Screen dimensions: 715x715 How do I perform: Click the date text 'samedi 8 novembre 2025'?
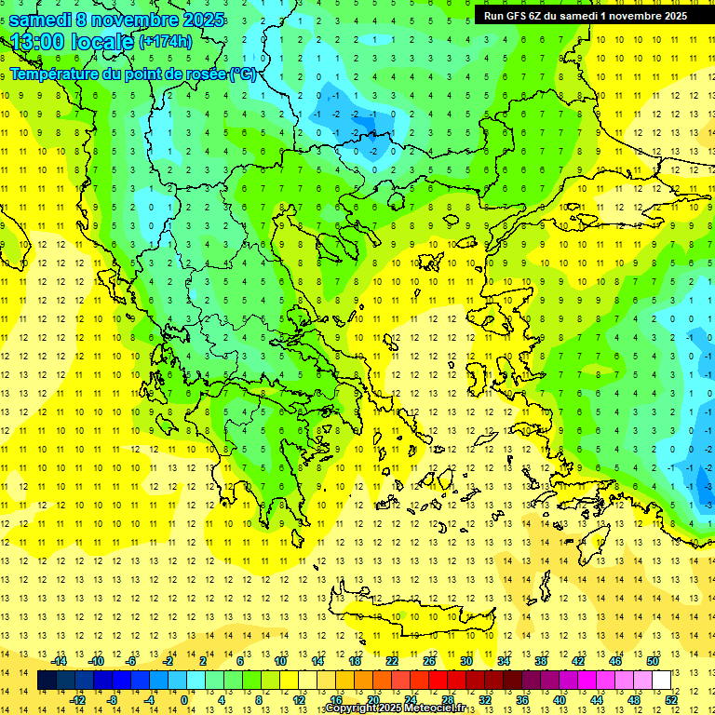click(116, 20)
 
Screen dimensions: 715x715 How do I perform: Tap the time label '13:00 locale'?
click(71, 41)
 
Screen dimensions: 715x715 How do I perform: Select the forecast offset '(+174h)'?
click(166, 42)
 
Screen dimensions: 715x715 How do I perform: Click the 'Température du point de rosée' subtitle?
click(132, 74)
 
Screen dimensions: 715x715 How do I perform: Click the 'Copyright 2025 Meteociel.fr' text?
click(395, 708)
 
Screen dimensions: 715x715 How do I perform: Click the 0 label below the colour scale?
click(184, 700)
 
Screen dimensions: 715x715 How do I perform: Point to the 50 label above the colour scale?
click(652, 660)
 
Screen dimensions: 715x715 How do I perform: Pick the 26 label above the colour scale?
click(428, 660)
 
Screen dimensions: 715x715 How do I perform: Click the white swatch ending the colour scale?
click(661, 681)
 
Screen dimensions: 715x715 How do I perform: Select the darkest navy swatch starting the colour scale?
click(47, 681)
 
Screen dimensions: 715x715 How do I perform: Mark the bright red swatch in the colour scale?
click(438, 681)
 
